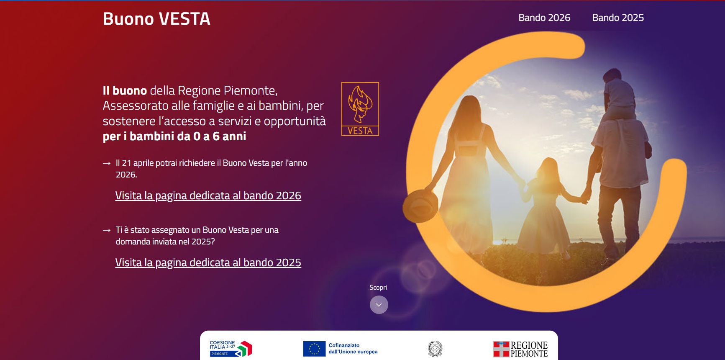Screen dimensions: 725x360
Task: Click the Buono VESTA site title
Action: click(156, 19)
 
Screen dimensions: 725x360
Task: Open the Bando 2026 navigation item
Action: click(544, 18)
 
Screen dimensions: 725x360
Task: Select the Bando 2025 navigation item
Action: click(618, 18)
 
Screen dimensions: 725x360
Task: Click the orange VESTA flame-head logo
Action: click(360, 109)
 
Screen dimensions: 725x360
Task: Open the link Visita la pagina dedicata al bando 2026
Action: click(208, 195)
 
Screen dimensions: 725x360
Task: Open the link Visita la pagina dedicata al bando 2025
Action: click(208, 262)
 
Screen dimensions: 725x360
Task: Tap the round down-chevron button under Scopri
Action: click(379, 305)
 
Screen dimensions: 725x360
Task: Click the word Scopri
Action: click(378, 288)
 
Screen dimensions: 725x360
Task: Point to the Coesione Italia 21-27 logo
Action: click(231, 348)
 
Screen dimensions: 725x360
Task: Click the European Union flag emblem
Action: click(314, 349)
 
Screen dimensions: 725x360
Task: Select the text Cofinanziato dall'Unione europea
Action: click(353, 349)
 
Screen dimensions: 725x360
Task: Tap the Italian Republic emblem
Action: click(435, 349)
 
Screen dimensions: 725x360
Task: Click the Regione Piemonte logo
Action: click(520, 349)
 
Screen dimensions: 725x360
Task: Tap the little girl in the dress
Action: click(543, 205)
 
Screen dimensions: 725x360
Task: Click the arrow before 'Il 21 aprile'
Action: click(107, 163)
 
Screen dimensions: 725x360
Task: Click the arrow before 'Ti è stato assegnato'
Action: click(107, 230)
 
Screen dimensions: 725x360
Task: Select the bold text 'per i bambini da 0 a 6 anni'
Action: click(174, 136)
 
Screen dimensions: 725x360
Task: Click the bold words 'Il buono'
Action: click(125, 90)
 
